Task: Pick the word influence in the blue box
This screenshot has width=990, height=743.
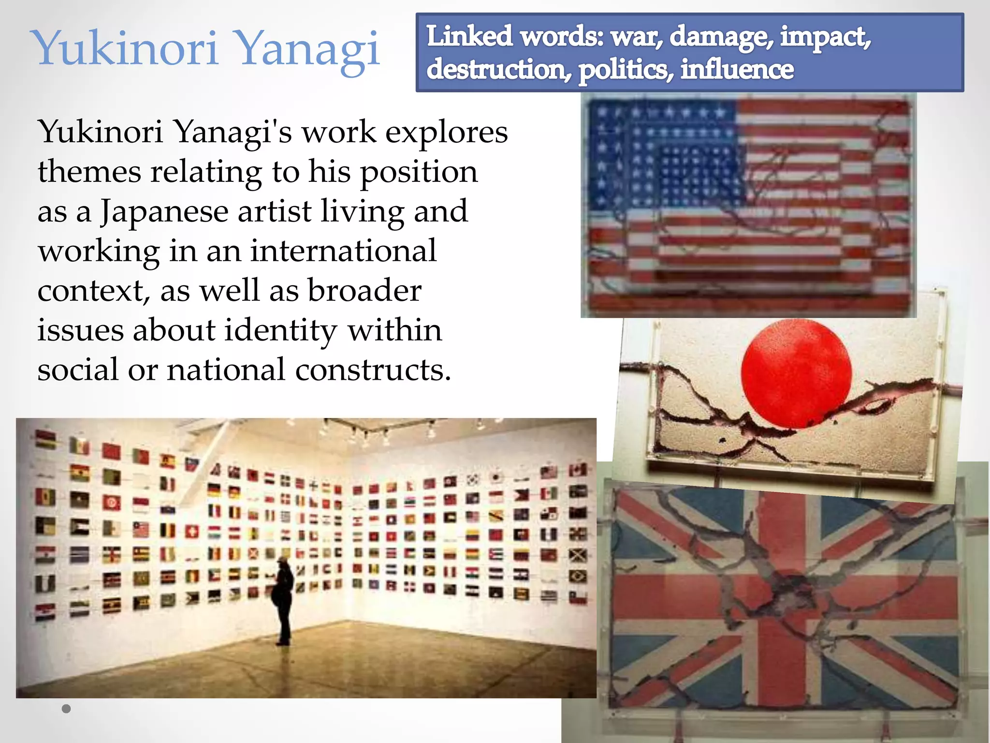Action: click(x=737, y=69)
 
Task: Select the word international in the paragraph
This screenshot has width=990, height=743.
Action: click(x=343, y=252)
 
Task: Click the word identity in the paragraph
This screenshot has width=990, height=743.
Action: click(x=280, y=331)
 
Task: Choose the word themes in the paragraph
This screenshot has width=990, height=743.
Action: click(x=89, y=172)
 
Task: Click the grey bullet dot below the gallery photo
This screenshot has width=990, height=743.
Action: click(x=66, y=709)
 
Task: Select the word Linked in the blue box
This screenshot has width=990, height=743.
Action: click(x=469, y=37)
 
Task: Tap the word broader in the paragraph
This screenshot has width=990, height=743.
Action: click(x=364, y=291)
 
